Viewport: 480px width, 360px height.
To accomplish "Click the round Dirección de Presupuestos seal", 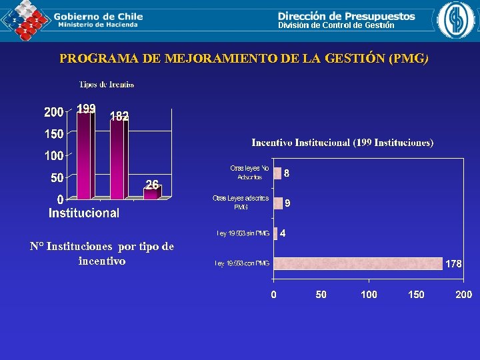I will point(455,20).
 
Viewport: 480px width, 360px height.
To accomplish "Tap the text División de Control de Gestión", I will point(336,25).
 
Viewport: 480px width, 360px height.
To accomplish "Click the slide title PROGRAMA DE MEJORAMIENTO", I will point(244,59).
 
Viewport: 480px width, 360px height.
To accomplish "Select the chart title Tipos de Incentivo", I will point(107,85).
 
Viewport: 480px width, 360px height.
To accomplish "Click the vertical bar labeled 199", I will point(84,156).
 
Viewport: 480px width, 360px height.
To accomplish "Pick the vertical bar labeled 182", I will point(118,160).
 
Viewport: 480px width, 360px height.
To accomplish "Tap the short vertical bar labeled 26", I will point(151,194).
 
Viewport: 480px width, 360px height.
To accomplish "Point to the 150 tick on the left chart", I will point(54,134).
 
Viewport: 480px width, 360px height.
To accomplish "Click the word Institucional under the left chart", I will point(84,213).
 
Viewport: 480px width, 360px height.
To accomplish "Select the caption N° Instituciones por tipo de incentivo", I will point(102,253).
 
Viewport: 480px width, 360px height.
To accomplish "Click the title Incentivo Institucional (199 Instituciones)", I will point(342,143).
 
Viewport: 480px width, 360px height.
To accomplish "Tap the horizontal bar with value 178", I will point(358,263).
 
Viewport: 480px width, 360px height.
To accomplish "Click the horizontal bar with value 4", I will point(275,233).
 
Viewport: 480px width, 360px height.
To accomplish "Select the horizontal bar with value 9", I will point(278,203).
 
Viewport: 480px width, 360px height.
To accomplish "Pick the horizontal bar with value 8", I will point(277,173).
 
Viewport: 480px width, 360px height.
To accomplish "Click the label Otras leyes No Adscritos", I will point(249,173).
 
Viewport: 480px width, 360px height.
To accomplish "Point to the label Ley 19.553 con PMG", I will point(242,264).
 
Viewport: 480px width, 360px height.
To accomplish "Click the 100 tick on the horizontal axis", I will point(369,295).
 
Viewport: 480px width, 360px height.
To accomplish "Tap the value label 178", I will point(453,264).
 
